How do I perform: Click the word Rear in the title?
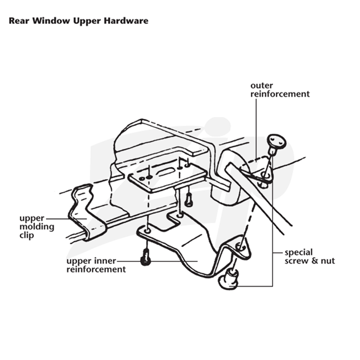(x=19, y=21)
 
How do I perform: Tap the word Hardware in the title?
(x=126, y=21)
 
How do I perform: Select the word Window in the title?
(x=51, y=21)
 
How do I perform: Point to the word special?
(x=298, y=252)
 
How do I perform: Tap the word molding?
(x=37, y=227)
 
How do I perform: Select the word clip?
(x=27, y=235)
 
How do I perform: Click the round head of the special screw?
(x=277, y=140)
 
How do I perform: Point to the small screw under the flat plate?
(x=189, y=200)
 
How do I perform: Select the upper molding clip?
(x=88, y=212)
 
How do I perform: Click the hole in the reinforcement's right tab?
(x=240, y=247)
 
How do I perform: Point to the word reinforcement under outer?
(x=280, y=94)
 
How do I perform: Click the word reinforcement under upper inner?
(x=96, y=269)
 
